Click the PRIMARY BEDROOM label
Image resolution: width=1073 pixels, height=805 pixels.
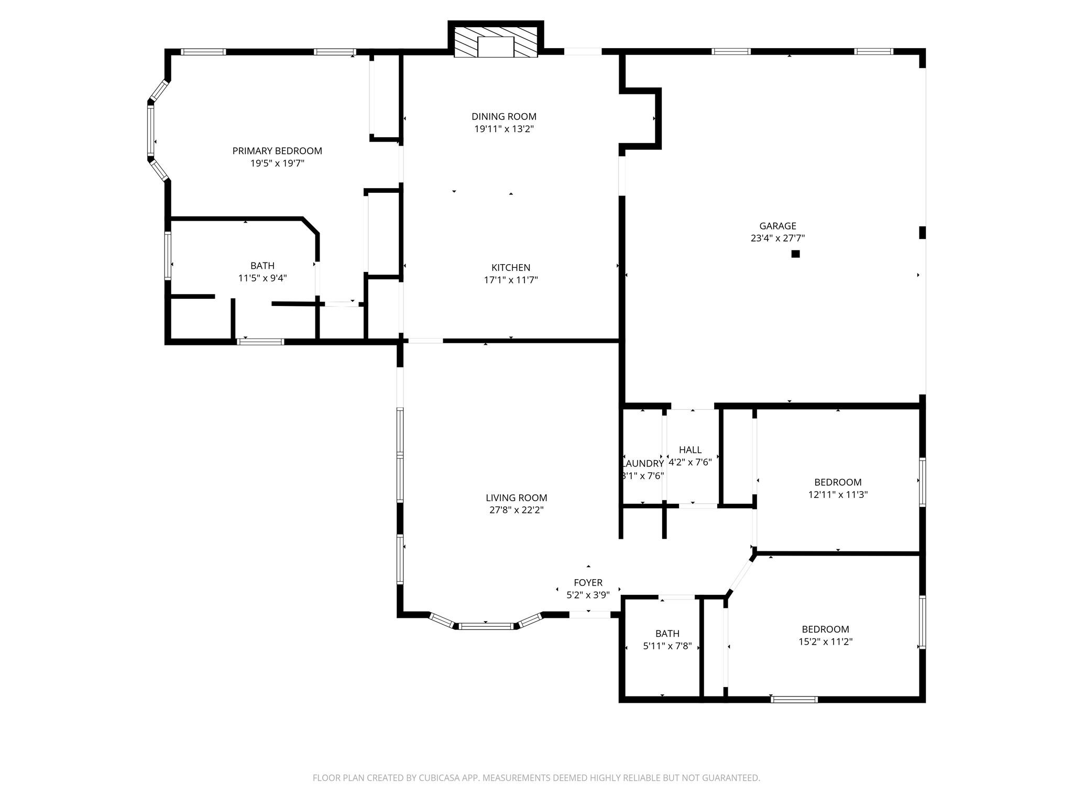point(277,151)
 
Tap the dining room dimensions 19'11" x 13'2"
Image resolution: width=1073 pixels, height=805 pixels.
point(503,129)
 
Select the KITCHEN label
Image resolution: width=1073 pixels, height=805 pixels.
point(510,268)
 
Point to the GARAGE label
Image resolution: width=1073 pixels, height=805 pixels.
point(778,226)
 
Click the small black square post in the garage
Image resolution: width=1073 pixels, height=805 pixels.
point(795,254)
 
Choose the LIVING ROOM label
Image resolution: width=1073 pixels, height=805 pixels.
point(516,498)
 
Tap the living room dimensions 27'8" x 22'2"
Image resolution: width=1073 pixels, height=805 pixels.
point(516,510)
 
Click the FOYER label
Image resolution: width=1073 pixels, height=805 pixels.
point(588,583)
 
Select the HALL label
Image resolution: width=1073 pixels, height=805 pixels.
point(690,450)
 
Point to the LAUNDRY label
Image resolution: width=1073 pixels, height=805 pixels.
point(643,464)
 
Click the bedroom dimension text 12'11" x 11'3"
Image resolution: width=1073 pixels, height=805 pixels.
point(838,495)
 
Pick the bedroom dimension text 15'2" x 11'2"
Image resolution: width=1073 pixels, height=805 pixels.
point(825,642)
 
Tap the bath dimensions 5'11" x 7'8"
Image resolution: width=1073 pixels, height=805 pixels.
point(667,647)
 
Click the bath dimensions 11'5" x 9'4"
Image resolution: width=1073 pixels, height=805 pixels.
point(262,278)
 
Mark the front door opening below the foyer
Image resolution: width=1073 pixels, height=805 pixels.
point(589,615)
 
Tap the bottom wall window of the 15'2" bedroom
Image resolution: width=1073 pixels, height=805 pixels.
point(794,699)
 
